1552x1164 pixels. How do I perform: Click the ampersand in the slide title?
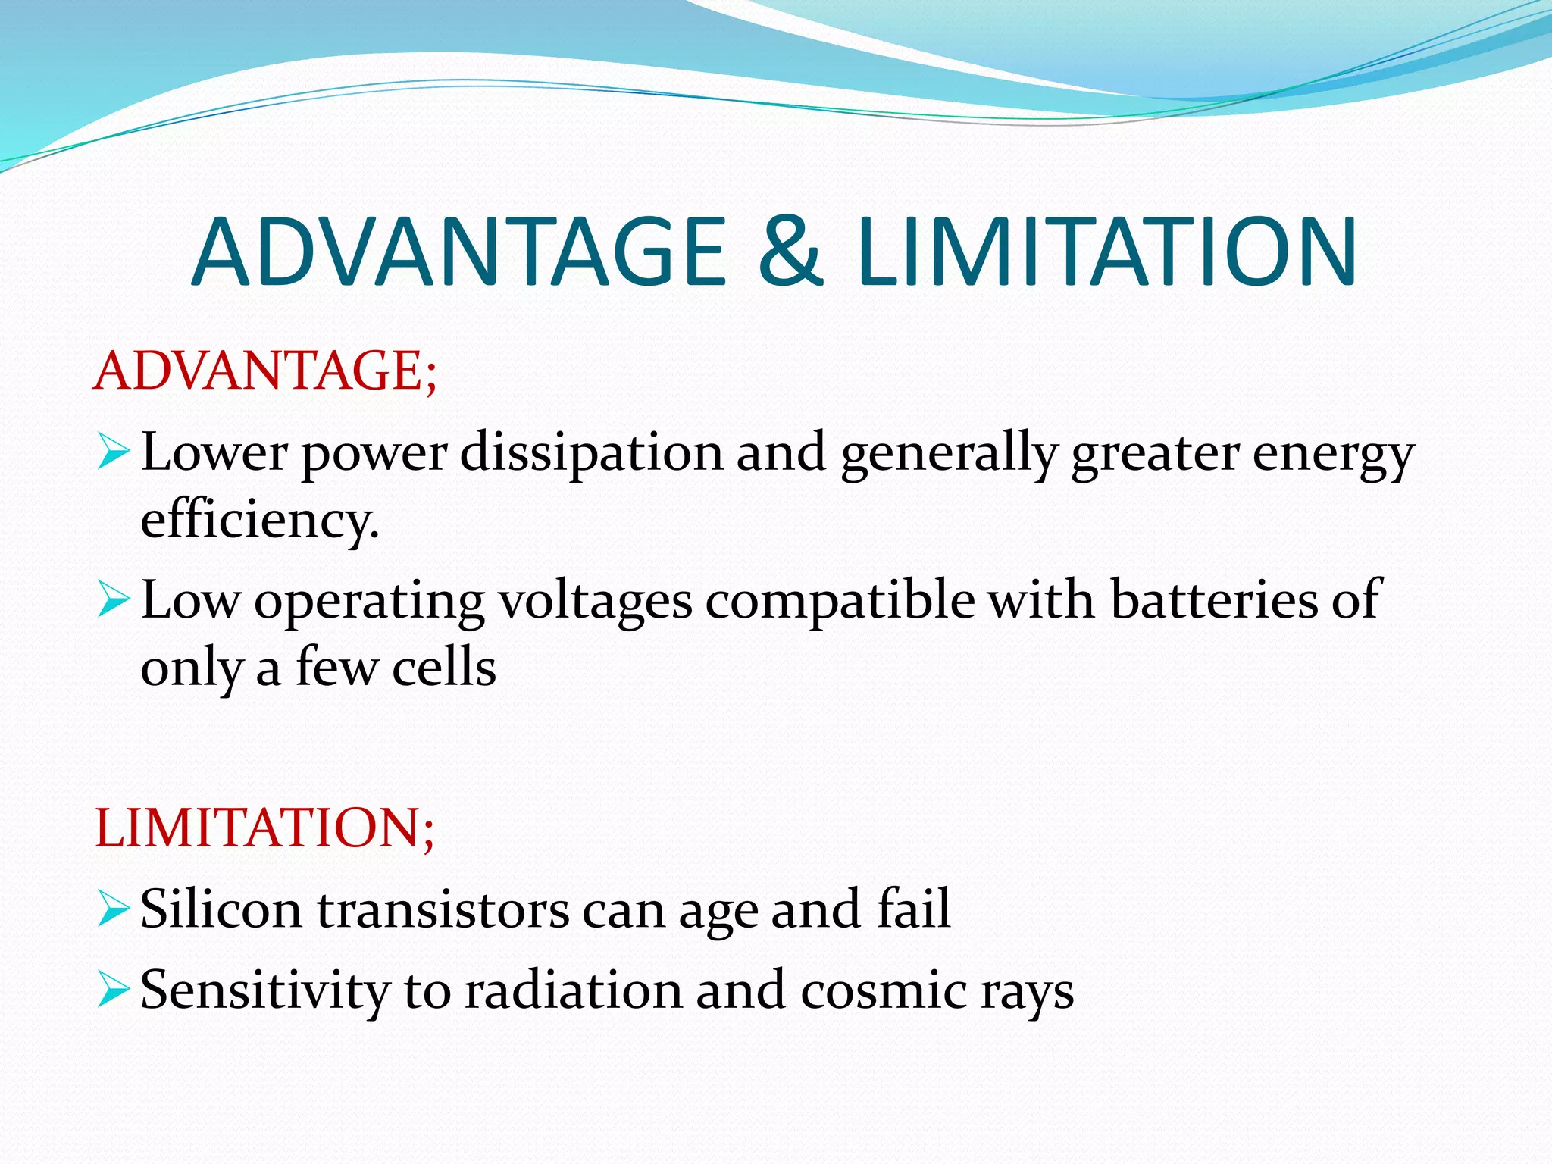coord(790,252)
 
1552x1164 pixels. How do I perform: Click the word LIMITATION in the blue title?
coord(1106,252)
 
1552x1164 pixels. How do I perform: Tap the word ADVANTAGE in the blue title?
coord(459,252)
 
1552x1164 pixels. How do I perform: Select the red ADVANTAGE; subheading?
coord(265,371)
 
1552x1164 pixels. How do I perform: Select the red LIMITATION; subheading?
coord(265,828)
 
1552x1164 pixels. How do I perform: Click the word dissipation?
coord(591,453)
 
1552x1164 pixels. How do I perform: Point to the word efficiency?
coord(260,521)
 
